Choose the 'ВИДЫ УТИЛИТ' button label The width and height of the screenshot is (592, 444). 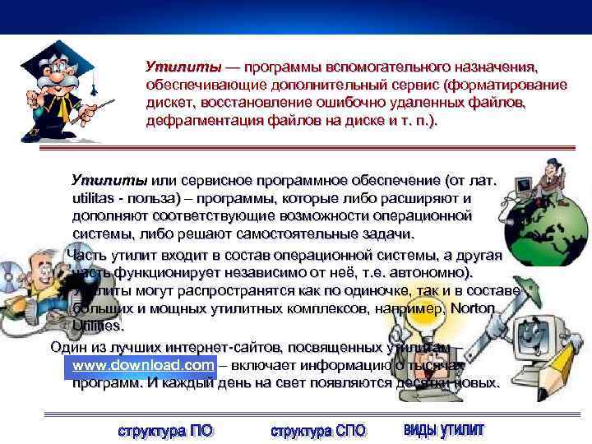point(444,430)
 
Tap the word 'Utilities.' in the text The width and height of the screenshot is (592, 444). point(99,326)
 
